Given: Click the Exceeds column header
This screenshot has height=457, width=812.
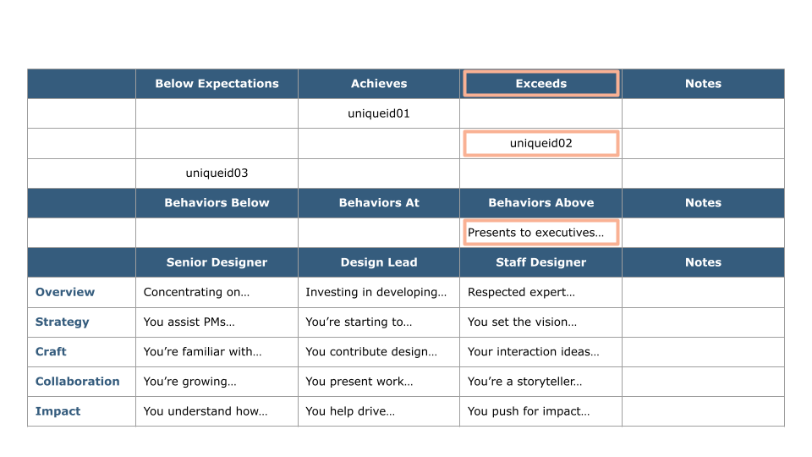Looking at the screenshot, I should tap(540, 84).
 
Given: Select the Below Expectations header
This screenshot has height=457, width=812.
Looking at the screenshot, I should tap(217, 84).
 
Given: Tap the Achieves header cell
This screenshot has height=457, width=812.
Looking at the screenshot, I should tap(379, 84).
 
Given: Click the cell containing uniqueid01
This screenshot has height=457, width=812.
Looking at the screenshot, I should tap(379, 113).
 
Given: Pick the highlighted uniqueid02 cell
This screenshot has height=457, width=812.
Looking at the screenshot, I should tap(540, 143).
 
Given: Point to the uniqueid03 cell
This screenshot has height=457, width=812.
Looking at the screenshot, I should tap(217, 173).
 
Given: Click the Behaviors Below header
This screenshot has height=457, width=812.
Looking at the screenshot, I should tap(217, 203).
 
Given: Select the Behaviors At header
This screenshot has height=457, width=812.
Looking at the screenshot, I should tap(379, 203).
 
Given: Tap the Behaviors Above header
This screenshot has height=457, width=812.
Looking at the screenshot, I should tap(540, 203).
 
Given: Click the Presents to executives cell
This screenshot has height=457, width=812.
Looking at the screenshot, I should tap(540, 233).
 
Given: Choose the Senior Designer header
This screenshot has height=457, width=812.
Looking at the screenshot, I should tap(217, 262).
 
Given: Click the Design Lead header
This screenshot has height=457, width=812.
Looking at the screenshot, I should tap(379, 262).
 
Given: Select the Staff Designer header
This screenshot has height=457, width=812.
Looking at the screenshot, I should tap(540, 262).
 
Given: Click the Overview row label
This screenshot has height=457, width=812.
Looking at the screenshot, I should tap(65, 292).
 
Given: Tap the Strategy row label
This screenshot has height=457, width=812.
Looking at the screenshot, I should tap(62, 322).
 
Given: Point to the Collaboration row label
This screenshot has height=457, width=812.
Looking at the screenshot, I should tap(77, 382).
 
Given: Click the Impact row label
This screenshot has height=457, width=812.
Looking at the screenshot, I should tap(58, 411).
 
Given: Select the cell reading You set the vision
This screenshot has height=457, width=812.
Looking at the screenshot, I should tap(540, 322).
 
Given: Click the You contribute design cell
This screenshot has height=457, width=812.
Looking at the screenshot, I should tap(379, 352).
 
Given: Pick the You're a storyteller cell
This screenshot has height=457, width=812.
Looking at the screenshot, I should tap(540, 382).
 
